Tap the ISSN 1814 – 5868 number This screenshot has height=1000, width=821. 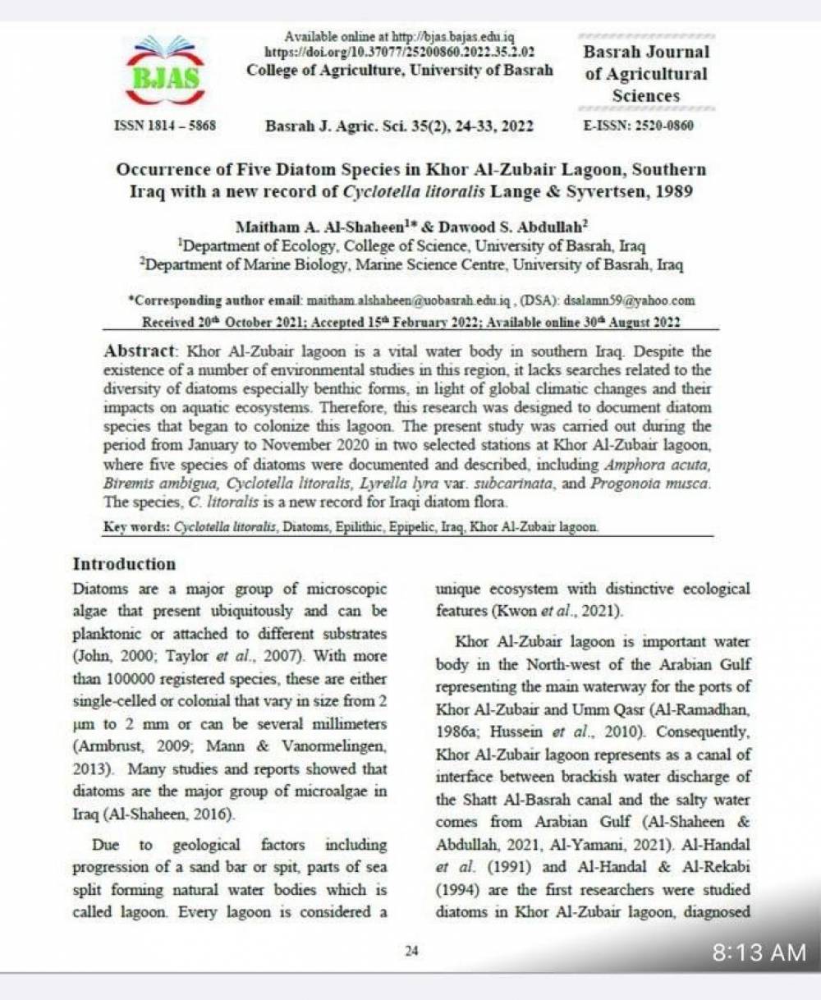point(163,126)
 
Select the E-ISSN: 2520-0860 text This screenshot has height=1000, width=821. point(638,126)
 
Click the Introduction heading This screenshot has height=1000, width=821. point(124,564)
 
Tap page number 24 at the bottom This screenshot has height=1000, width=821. point(411,951)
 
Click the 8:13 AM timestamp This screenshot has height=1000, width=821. point(759,952)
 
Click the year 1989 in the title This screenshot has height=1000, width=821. point(677,192)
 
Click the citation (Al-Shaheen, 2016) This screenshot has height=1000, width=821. point(154,815)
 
